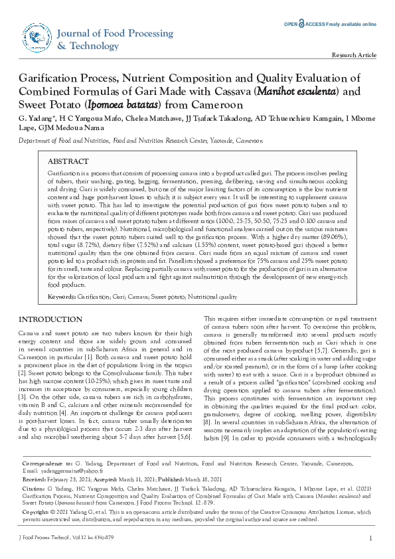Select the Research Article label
tap(354, 55)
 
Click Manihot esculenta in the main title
tap(301, 92)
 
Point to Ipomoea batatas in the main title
tap(125, 106)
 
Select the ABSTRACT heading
tap(68, 161)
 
